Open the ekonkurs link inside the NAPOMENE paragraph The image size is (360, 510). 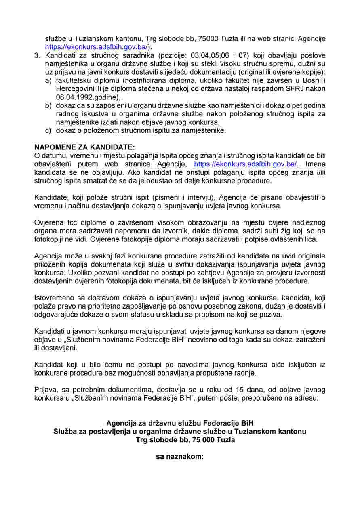click(246, 164)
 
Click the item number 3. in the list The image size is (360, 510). click(37, 55)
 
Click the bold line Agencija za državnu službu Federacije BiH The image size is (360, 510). click(180, 423)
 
